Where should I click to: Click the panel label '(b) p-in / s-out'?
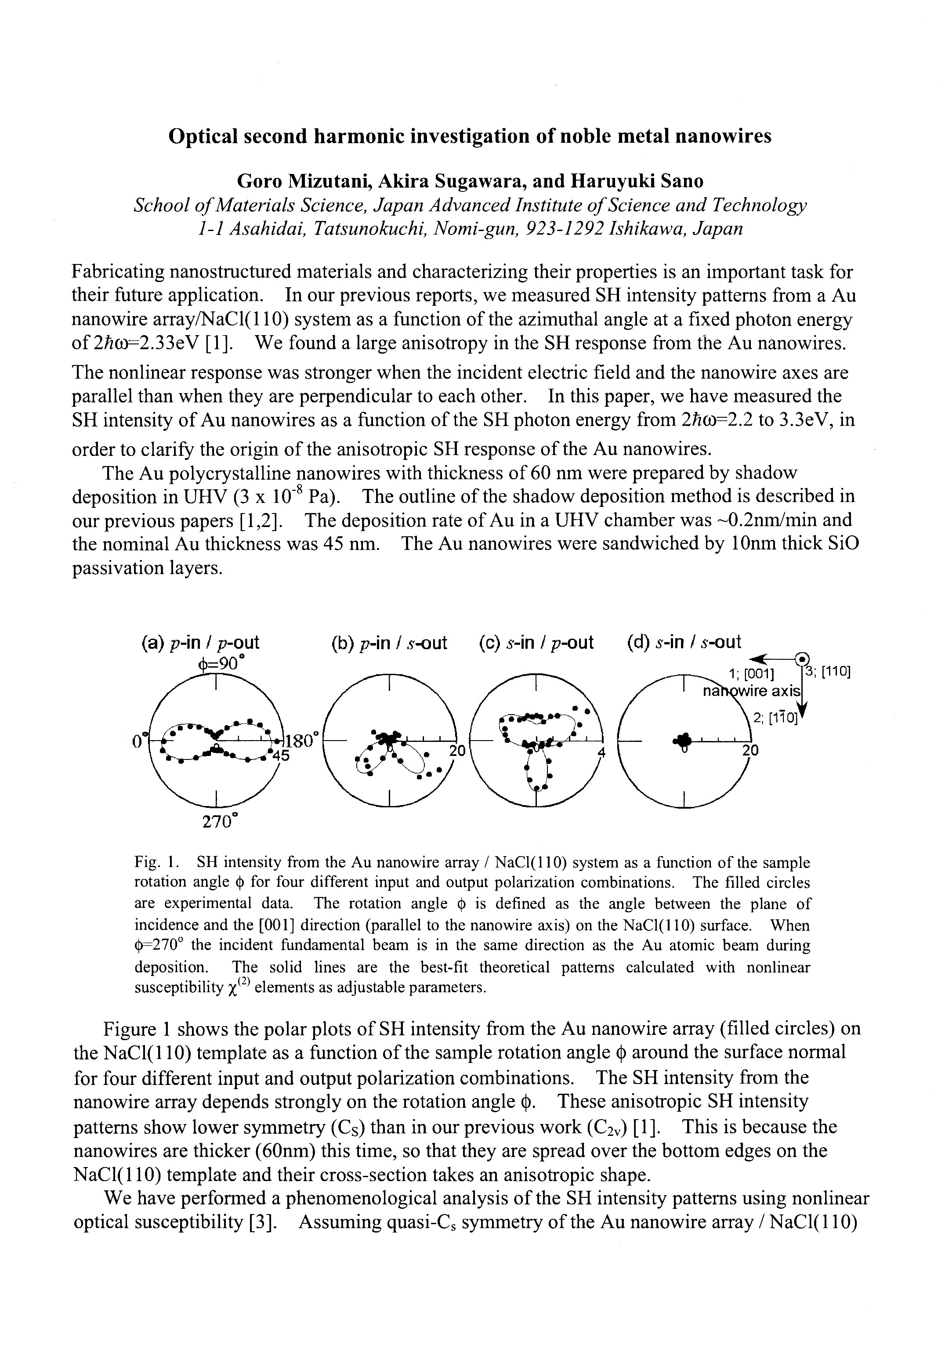pos(389,643)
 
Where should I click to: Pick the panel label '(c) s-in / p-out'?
pos(536,643)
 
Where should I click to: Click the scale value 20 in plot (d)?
pos(750,751)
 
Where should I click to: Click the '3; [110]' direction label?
pos(826,672)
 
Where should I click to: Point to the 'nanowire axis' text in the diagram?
pos(751,691)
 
